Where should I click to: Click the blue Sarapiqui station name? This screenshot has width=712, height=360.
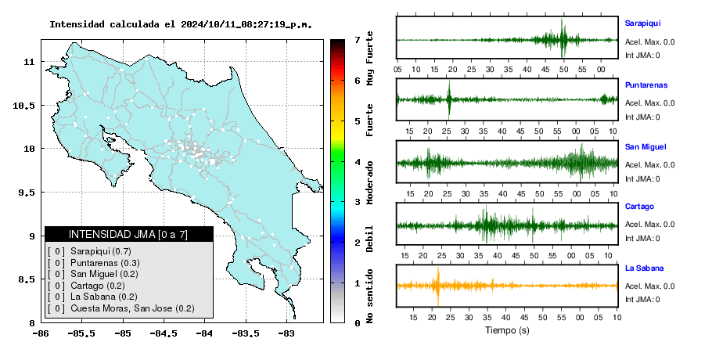[x=642, y=23]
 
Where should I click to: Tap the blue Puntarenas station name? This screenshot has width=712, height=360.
[x=646, y=85]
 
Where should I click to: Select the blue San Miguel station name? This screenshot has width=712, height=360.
[x=645, y=146]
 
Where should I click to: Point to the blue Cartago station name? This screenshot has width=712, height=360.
[x=639, y=206]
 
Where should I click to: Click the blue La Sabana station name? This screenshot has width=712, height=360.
[x=645, y=268]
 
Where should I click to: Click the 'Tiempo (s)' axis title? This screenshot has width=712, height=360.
[x=507, y=330]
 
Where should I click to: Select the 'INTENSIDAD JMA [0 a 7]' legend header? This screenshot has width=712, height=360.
[x=128, y=234]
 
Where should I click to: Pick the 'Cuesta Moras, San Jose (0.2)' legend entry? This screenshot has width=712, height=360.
[x=132, y=308]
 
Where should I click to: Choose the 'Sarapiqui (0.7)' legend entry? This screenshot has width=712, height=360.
[x=101, y=251]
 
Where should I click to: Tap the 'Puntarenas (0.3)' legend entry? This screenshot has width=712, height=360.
[x=105, y=263]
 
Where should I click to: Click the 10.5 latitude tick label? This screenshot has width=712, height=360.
[x=25, y=106]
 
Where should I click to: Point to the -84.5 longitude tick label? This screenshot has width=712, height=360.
[x=164, y=333]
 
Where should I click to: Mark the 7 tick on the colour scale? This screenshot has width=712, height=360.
[x=358, y=40]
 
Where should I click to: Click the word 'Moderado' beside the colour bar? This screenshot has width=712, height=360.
[x=369, y=182]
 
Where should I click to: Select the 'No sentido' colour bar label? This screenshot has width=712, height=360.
[x=369, y=296]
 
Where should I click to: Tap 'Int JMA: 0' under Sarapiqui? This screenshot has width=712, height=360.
[x=642, y=56]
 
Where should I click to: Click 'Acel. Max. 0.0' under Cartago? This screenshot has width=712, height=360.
[x=649, y=225]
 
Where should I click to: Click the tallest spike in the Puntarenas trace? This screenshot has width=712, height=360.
[x=449, y=100]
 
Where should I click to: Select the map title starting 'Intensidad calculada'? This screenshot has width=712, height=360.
[x=181, y=24]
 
